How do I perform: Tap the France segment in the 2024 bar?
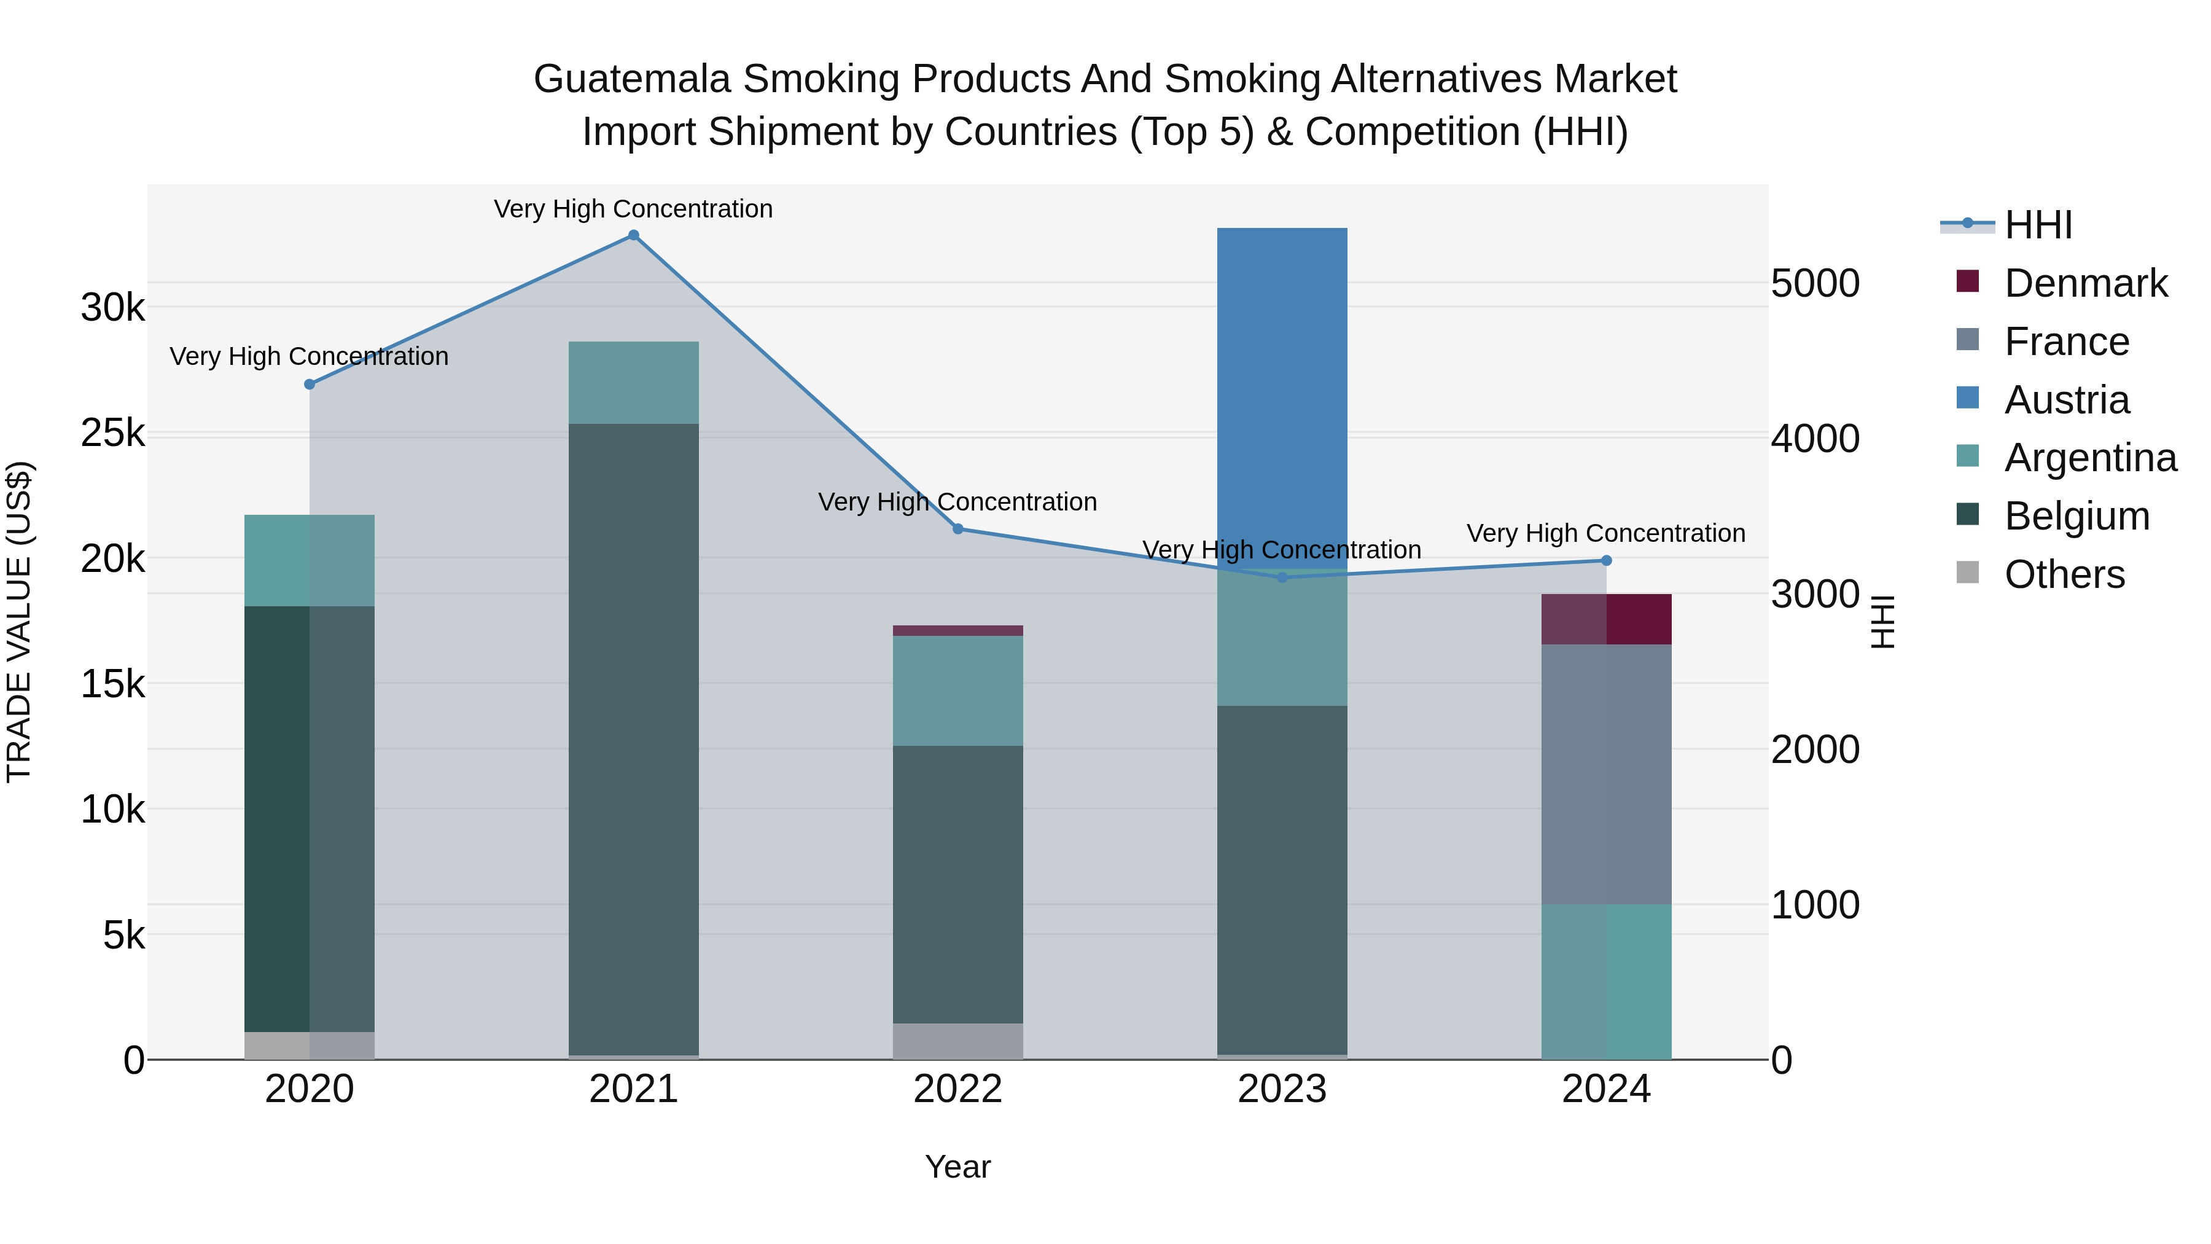pos(1606,773)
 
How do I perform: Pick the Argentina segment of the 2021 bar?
pos(633,383)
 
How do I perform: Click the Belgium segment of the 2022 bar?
pos(958,884)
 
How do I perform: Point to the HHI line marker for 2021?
pos(633,235)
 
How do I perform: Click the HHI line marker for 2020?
pos(310,385)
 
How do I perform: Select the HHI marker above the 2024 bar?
pos(1606,561)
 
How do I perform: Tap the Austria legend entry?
pos(2066,400)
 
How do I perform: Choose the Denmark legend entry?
pos(2085,283)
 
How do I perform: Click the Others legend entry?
pos(2064,574)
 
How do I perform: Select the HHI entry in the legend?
pos(2038,225)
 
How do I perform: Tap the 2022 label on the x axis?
pos(958,1089)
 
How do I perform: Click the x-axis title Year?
pos(958,1167)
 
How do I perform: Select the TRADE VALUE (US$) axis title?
pos(19,622)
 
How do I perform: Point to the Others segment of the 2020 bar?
pos(310,1045)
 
